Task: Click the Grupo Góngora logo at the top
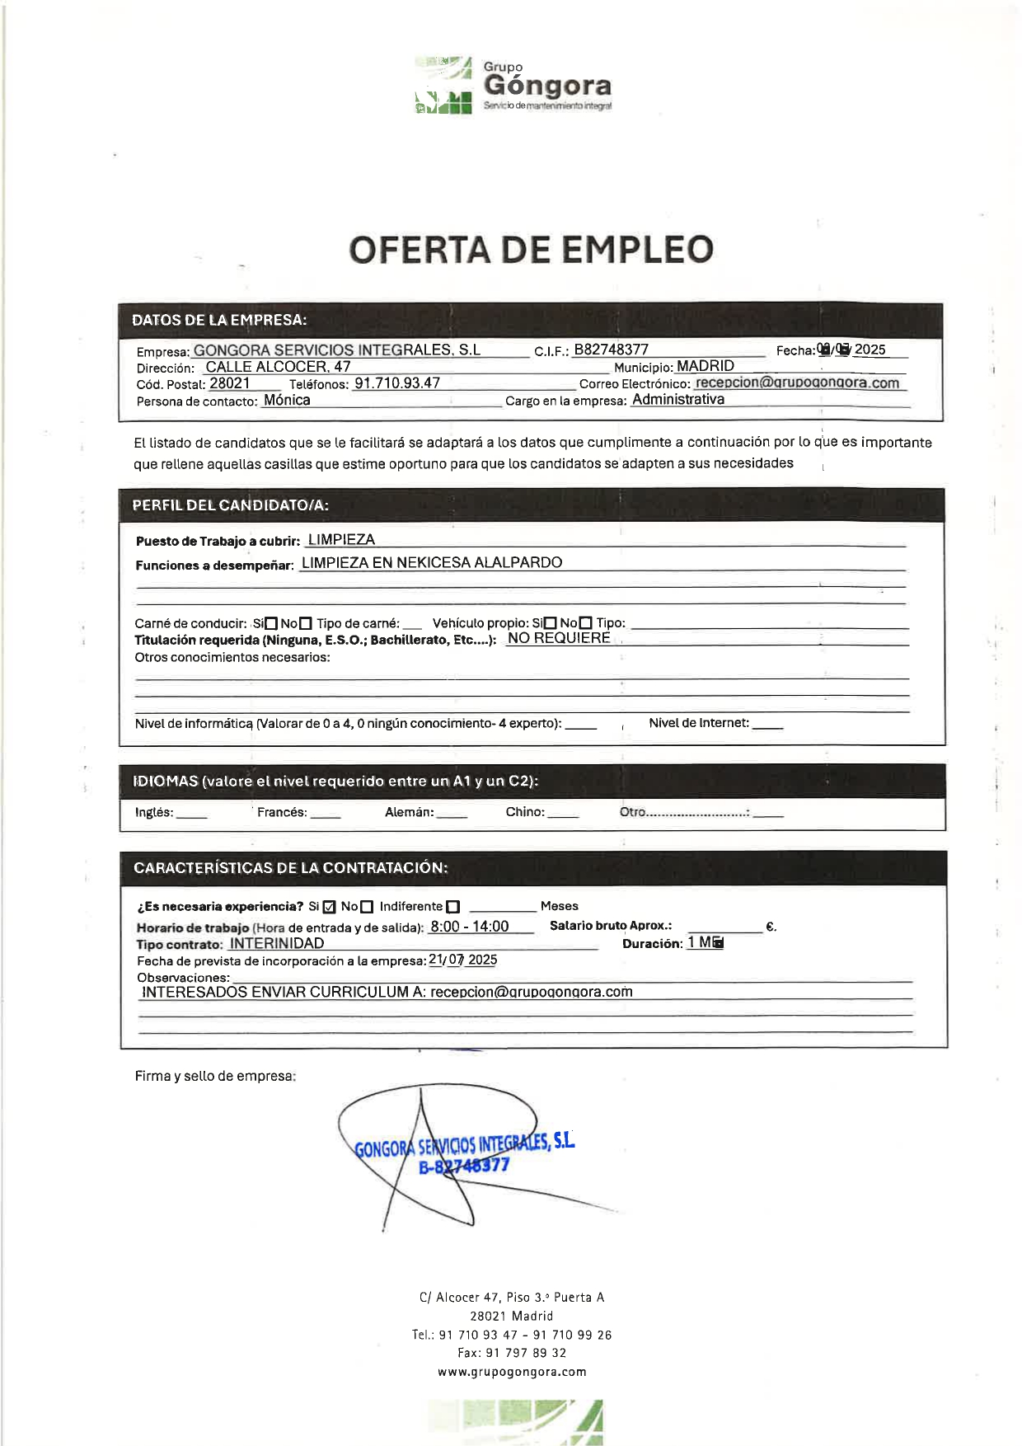click(513, 85)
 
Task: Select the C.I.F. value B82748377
click(611, 350)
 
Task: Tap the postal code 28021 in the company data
click(229, 383)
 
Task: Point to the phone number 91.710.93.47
click(397, 383)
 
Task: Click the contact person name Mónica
click(287, 401)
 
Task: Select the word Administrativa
click(678, 400)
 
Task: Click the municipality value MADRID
click(706, 366)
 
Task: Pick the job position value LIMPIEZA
click(341, 540)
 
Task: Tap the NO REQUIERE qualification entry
click(559, 638)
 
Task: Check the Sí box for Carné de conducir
click(271, 624)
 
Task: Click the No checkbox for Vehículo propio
click(586, 624)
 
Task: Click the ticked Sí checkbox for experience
click(330, 908)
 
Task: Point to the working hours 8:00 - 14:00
click(470, 927)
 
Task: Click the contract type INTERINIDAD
click(277, 944)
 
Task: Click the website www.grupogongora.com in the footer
click(512, 1372)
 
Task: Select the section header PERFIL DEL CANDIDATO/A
click(230, 505)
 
